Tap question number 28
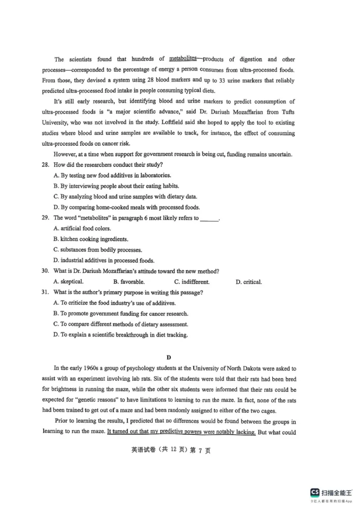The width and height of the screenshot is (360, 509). tap(45, 165)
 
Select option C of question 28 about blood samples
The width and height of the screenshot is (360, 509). tap(125, 196)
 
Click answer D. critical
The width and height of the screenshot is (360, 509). tap(248, 282)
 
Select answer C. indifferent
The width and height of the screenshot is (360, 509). tap(192, 282)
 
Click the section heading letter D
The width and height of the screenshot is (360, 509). tap(169, 358)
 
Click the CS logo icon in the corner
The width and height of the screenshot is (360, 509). tap(315, 491)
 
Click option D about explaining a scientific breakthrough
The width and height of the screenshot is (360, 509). tap(120, 335)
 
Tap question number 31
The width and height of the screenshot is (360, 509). tap(45, 293)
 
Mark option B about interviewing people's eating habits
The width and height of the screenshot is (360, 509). tap(116, 186)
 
